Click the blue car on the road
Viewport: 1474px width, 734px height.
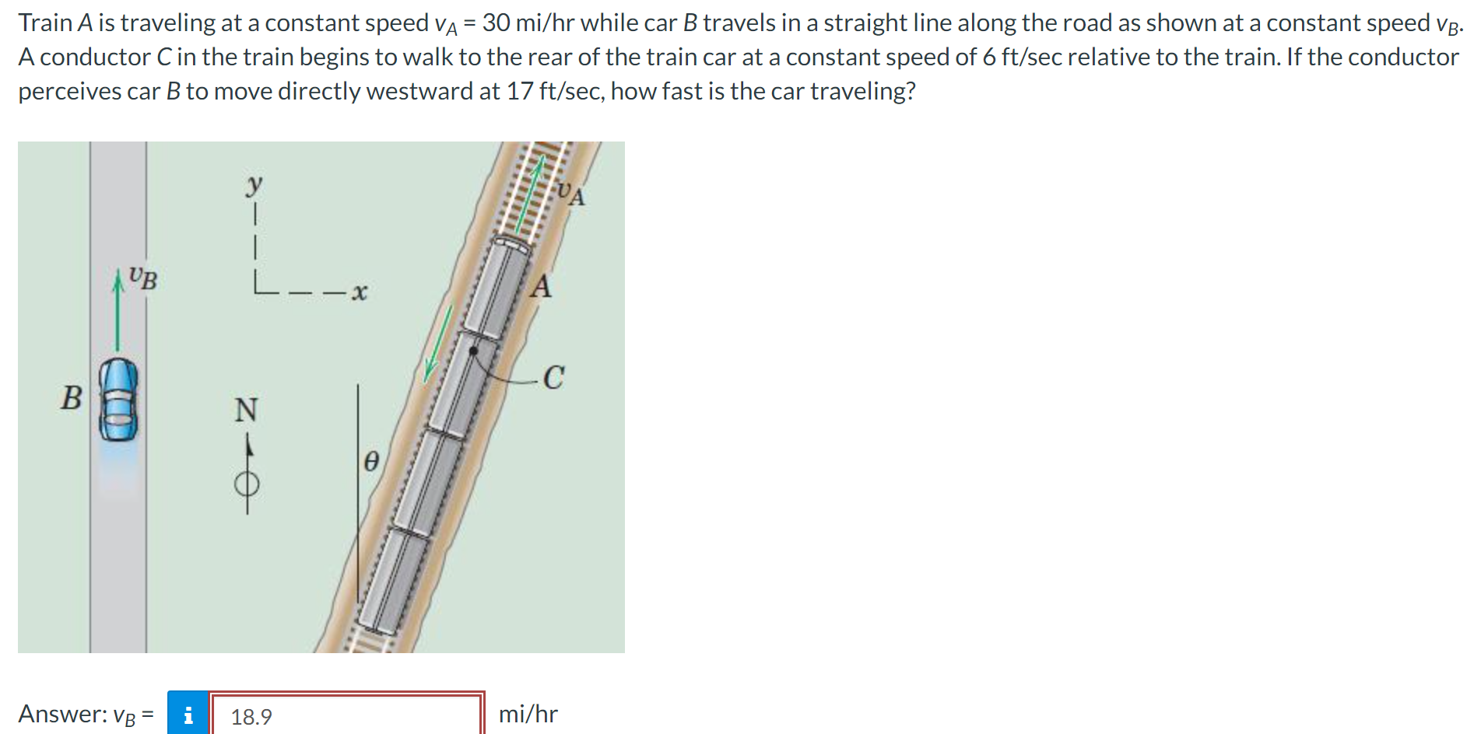(118, 400)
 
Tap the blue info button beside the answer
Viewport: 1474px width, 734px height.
(188, 714)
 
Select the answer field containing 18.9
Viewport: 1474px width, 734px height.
(347, 715)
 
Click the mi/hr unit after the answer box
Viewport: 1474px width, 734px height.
(528, 714)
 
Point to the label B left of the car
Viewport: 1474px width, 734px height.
(71, 398)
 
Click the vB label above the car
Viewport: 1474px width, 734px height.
(143, 278)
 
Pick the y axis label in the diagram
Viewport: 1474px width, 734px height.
(254, 185)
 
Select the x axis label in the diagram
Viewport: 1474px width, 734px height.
(358, 292)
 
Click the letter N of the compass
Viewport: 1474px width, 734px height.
(246, 410)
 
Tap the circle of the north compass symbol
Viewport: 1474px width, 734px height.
(247, 484)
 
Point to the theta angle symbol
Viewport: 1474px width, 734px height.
(371, 462)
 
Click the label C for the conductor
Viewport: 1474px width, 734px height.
(553, 378)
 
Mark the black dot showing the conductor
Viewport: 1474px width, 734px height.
(472, 351)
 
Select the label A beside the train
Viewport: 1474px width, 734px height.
(541, 287)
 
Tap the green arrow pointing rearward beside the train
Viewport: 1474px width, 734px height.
(438, 343)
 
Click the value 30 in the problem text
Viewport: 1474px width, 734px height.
(496, 23)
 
